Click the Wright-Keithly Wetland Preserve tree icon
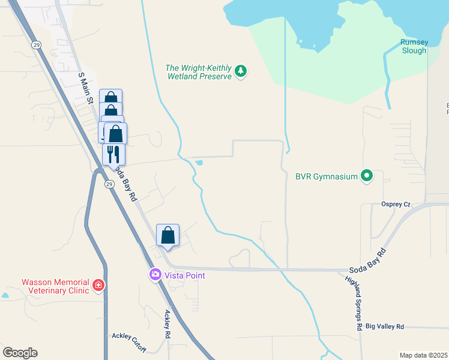(x=241, y=71)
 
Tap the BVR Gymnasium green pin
(x=367, y=176)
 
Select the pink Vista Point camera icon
(x=155, y=275)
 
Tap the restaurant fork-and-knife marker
(x=113, y=155)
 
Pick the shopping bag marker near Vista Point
(x=168, y=235)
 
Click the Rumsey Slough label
(x=414, y=46)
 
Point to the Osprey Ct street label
(x=396, y=204)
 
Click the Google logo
(x=20, y=353)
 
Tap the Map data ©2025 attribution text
(x=424, y=355)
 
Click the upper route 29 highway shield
(x=37, y=45)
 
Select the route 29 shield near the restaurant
(x=109, y=184)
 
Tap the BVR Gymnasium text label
(x=327, y=176)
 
